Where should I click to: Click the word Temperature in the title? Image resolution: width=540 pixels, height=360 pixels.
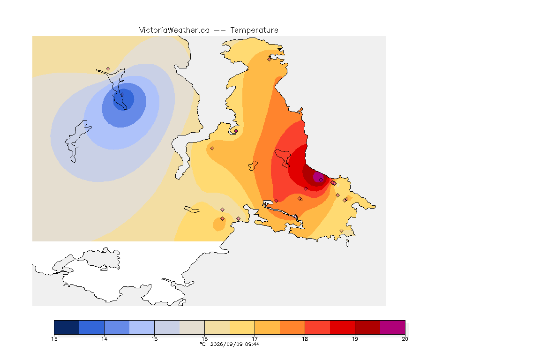tap(254, 30)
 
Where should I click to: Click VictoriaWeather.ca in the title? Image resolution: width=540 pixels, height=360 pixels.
tap(174, 30)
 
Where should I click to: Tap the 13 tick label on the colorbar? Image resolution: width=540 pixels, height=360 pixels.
tap(54, 339)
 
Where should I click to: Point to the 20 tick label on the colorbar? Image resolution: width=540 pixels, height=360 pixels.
tap(405, 339)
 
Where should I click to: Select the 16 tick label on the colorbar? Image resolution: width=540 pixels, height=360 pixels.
tap(204, 339)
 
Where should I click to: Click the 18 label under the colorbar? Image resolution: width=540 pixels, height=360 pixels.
tap(305, 339)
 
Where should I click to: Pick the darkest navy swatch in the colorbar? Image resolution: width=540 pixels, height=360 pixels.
tap(67, 327)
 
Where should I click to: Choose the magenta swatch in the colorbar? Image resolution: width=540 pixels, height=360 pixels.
tap(393, 327)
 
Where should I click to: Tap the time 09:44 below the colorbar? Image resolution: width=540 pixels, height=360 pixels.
tap(252, 344)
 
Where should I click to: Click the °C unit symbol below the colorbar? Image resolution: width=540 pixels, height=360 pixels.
tap(202, 344)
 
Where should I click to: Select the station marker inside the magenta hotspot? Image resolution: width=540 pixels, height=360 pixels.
tap(321, 180)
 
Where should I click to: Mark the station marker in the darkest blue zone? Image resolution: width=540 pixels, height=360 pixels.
tap(122, 95)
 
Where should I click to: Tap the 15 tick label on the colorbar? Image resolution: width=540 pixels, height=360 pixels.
tap(154, 339)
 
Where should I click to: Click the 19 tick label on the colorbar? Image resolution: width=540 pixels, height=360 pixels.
tap(355, 339)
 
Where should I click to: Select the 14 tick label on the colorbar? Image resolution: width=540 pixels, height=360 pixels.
tap(105, 339)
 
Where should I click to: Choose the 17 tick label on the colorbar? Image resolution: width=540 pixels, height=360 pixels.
tap(255, 339)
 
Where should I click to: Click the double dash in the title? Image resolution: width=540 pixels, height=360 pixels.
tap(220, 30)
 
